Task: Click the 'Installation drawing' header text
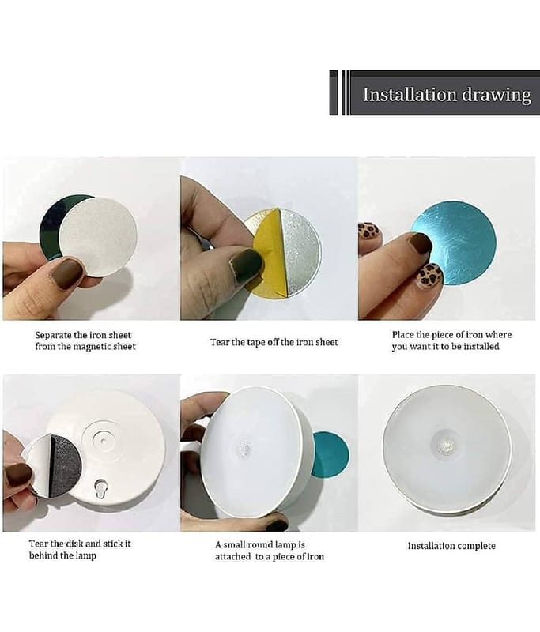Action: pyautogui.click(x=447, y=95)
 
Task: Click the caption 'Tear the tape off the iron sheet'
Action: pyautogui.click(x=274, y=342)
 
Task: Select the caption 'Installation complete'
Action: pyautogui.click(x=451, y=546)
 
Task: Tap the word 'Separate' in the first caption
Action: pyautogui.click(x=53, y=335)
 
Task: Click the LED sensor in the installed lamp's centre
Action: pyautogui.click(x=447, y=446)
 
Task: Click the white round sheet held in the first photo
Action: pyautogui.click(x=98, y=236)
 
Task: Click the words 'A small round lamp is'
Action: pyautogui.click(x=260, y=545)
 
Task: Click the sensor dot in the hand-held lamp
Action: pyautogui.click(x=245, y=448)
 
